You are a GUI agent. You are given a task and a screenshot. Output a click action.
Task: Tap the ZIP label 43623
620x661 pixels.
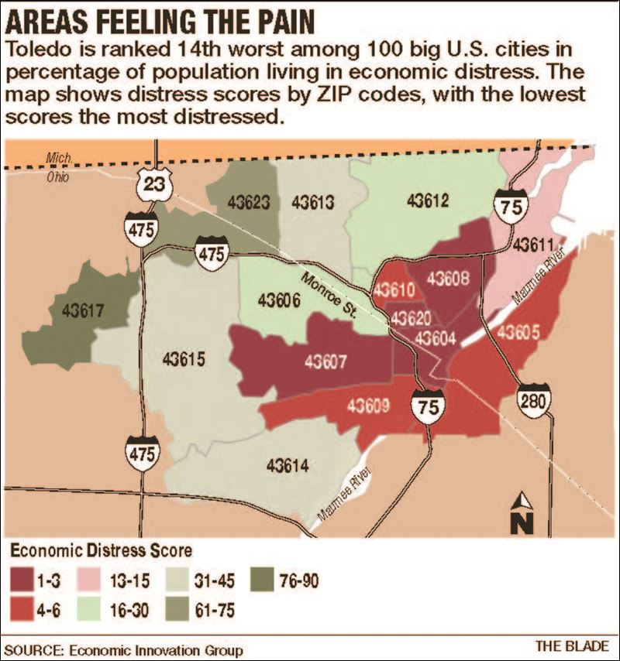pos(250,203)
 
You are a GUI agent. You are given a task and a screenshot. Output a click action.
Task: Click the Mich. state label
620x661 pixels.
pos(59,158)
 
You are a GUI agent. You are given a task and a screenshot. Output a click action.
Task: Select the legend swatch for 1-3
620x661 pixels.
pos(24,577)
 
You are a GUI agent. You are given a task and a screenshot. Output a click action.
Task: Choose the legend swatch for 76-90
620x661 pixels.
pos(264,577)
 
